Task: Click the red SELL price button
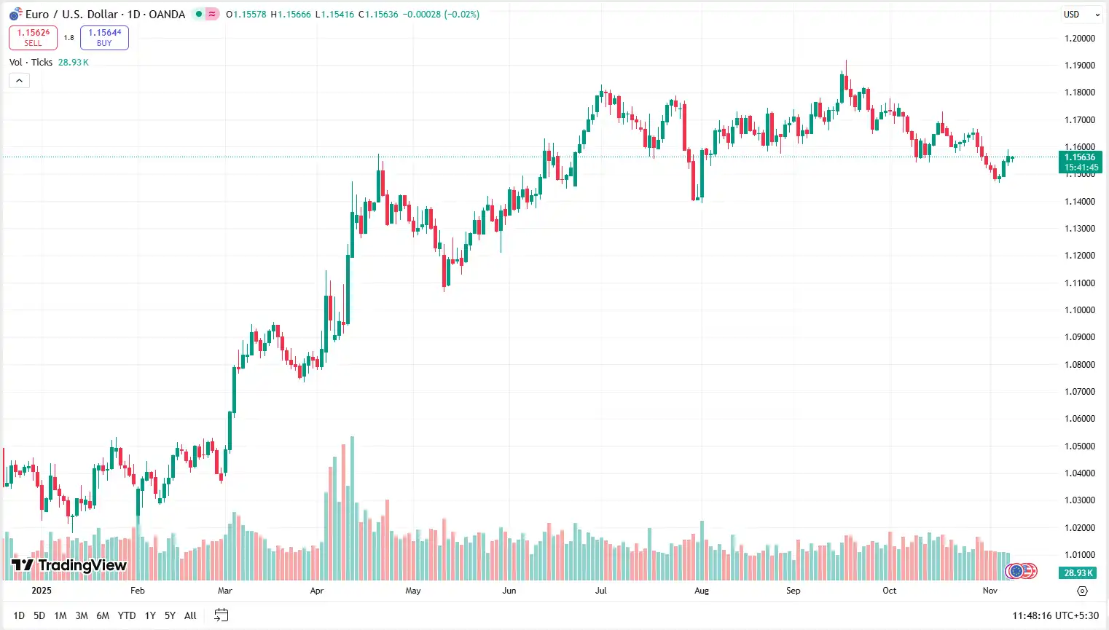(x=33, y=37)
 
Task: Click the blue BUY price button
(x=104, y=37)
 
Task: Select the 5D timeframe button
(x=39, y=615)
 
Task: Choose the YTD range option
(x=127, y=615)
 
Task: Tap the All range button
(x=190, y=615)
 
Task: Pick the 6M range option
(x=103, y=615)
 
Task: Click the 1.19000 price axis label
(x=1079, y=66)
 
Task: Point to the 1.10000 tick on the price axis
(x=1079, y=310)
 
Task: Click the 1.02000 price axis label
(x=1079, y=528)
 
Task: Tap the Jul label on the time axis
(x=601, y=591)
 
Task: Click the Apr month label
(x=316, y=591)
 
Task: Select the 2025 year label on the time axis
(x=42, y=591)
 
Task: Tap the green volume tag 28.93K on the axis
(x=1078, y=573)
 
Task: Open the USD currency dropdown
(x=1081, y=15)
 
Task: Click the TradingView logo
(x=69, y=565)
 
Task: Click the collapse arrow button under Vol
(x=19, y=81)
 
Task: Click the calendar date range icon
(x=222, y=615)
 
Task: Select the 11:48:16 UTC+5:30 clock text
(x=1055, y=615)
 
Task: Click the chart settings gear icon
(x=1082, y=591)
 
